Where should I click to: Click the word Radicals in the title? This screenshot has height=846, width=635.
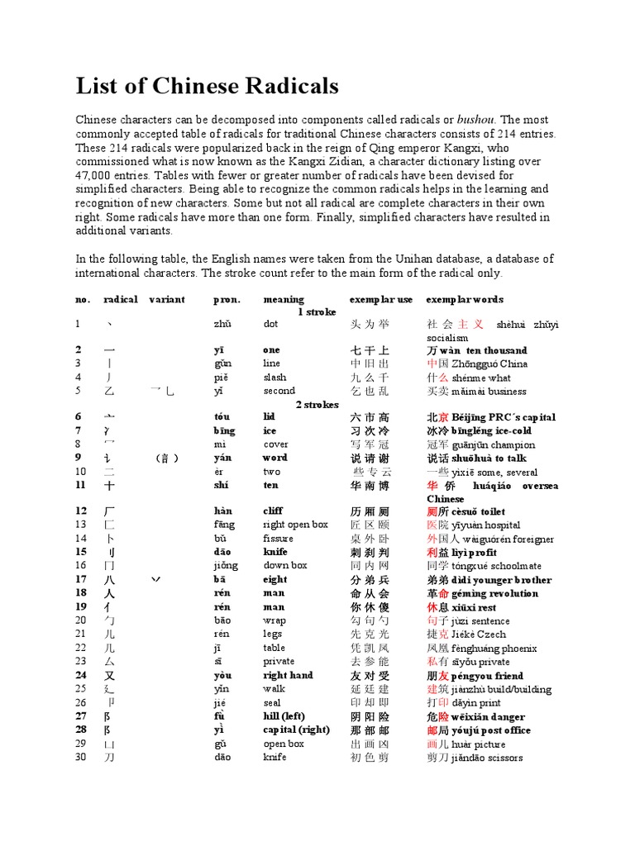pos(286,85)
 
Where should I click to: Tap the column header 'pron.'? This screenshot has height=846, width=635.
pos(226,299)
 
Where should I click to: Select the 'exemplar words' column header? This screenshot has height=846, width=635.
pos(465,299)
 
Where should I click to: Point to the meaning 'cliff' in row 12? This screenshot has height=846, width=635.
pos(272,511)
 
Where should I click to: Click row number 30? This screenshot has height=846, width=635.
pos(80,758)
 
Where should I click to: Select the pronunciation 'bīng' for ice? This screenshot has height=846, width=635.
pos(225,430)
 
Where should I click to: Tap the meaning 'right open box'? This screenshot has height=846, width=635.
pos(295,525)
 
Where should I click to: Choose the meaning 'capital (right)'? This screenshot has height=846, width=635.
pos(296,730)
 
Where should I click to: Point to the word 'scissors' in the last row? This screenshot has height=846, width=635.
pos(504,758)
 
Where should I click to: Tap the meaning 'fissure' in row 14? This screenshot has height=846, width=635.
pos(278,539)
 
